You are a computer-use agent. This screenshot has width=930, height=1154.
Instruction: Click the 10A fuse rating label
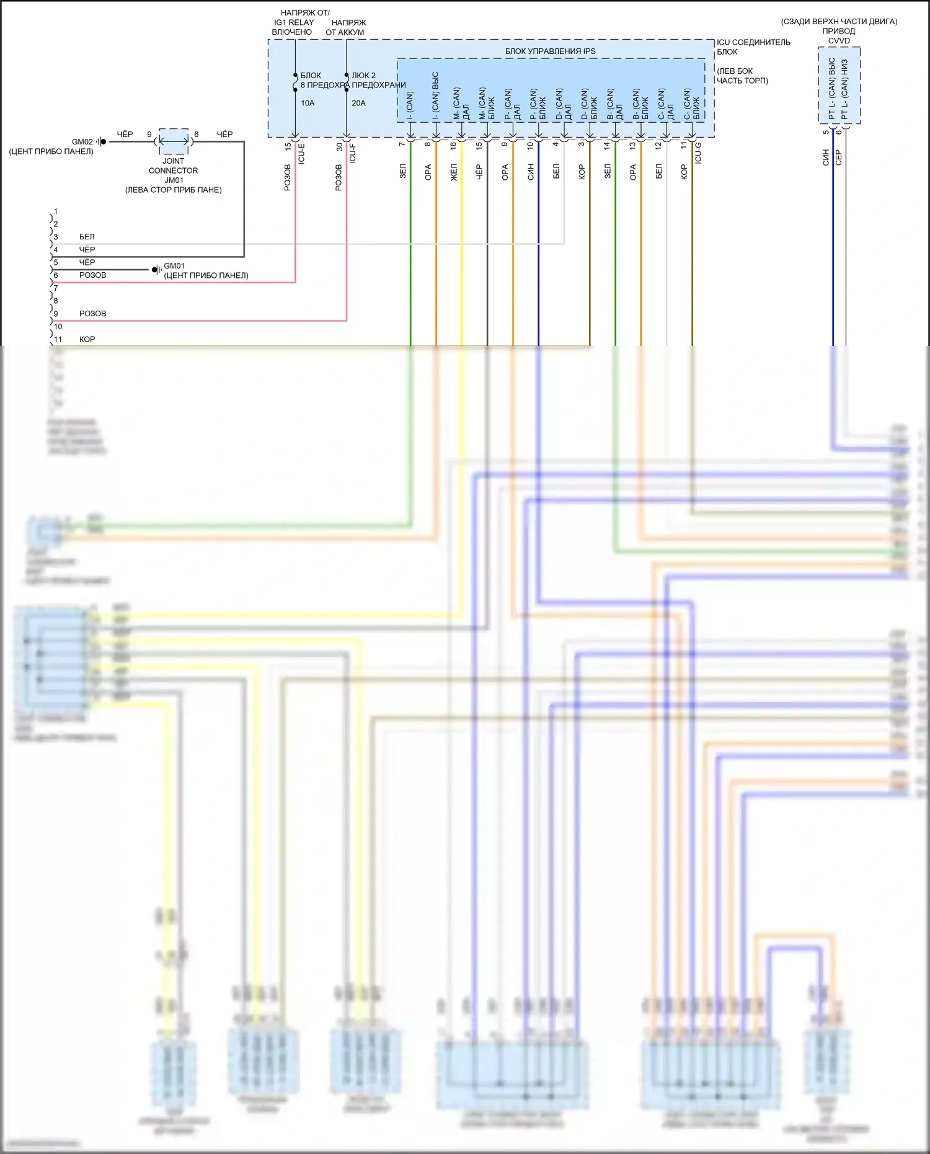(308, 103)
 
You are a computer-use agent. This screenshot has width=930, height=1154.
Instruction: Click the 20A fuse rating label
(358, 103)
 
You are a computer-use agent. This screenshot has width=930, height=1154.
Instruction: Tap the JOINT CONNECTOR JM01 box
(174, 141)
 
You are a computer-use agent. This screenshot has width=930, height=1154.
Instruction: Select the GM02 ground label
(82, 142)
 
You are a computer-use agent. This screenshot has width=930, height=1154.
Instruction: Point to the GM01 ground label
(174, 266)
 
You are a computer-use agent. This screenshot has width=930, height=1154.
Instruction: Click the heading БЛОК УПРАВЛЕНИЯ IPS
(550, 51)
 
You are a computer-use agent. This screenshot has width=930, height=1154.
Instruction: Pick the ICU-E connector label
(301, 153)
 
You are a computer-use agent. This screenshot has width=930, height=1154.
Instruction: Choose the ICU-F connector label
(352, 153)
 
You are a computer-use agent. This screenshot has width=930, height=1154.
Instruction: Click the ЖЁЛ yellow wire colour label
(453, 172)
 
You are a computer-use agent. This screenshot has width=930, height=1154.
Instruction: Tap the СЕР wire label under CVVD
(839, 158)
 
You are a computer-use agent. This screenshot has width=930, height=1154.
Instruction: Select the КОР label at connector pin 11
(87, 339)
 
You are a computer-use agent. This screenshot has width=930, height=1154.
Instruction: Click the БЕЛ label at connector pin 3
(87, 237)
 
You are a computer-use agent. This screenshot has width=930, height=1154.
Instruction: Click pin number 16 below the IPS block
(453, 145)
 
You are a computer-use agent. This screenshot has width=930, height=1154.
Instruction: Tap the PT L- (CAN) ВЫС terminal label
(832, 89)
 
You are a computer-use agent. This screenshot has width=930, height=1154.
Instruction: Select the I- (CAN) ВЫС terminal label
(435, 96)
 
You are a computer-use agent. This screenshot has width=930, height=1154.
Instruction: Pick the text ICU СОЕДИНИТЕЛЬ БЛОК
(753, 47)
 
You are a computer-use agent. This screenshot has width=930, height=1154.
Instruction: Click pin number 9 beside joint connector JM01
(149, 135)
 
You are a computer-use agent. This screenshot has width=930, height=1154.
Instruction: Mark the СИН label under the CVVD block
(826, 158)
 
